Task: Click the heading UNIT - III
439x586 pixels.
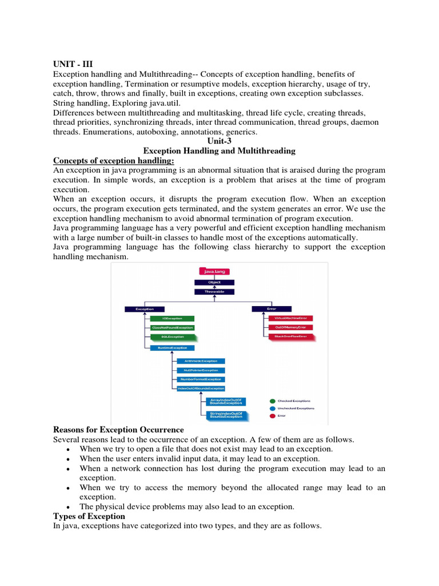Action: [73, 64]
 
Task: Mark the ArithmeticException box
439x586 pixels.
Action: [201, 361]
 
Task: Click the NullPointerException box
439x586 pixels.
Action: [201, 370]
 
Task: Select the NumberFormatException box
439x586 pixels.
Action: [201, 379]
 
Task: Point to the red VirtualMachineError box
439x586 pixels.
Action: [291, 318]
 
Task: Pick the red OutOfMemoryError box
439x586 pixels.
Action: [291, 327]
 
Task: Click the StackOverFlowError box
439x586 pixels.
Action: [291, 337]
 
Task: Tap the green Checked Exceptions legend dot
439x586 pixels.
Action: [272, 401]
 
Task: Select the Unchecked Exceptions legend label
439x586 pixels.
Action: [295, 409]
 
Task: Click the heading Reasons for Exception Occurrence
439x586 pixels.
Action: [118, 430]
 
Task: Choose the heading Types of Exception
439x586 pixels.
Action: [89, 517]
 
